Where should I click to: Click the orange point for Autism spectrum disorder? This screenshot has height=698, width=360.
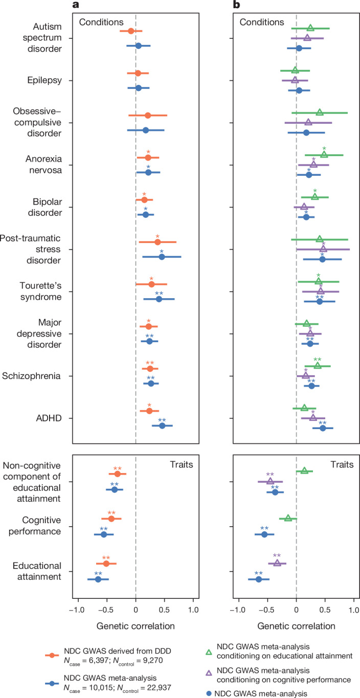click(131, 31)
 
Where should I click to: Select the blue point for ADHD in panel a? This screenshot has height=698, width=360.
click(162, 425)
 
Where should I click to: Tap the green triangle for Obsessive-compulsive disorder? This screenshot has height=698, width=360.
click(320, 112)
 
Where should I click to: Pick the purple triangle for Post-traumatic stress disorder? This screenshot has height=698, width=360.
click(323, 249)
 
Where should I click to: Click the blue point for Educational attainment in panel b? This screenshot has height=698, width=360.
click(258, 579)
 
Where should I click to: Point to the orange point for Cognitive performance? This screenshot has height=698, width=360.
click(111, 519)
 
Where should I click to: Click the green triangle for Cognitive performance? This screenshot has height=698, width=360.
click(288, 518)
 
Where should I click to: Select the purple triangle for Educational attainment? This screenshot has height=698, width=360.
click(277, 563)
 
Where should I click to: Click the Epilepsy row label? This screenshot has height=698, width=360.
click(44, 80)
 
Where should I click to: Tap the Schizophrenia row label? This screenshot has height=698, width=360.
click(31, 376)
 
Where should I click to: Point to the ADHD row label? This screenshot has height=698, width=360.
click(49, 418)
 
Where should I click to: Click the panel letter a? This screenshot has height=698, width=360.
click(76, 5)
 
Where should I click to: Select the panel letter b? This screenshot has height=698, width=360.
click(237, 5)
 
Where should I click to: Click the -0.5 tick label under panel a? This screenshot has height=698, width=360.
click(107, 610)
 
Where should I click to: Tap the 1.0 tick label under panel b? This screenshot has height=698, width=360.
click(354, 610)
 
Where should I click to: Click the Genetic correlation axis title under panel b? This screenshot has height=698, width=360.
click(296, 626)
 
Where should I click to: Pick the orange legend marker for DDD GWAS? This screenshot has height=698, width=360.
click(52, 656)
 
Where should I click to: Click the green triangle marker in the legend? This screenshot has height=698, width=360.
click(209, 652)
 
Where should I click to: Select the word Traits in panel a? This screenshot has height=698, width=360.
click(182, 465)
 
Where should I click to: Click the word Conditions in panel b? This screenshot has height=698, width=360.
click(262, 22)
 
